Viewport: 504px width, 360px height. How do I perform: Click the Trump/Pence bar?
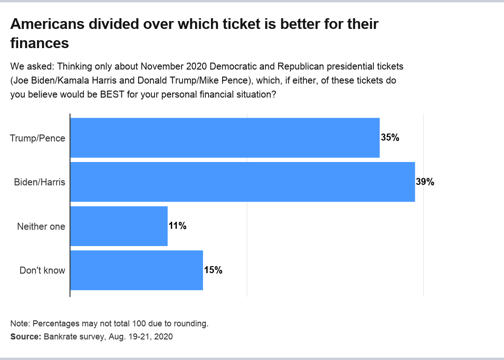(x=224, y=138)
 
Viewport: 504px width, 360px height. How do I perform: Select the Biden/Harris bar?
(x=242, y=182)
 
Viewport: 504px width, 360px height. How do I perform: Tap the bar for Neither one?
(x=119, y=226)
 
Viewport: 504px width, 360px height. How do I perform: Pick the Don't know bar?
(x=136, y=270)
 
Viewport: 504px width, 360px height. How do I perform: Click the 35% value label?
(x=390, y=138)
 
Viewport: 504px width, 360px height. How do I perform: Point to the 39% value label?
(x=425, y=182)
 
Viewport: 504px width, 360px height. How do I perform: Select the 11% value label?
(x=178, y=226)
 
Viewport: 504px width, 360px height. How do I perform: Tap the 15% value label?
(x=213, y=270)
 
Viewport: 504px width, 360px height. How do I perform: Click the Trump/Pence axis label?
(x=37, y=138)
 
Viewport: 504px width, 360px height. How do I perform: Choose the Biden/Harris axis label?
(x=40, y=182)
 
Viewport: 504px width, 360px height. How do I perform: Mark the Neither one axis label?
(x=41, y=226)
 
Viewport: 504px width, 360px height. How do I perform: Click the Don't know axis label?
(x=42, y=270)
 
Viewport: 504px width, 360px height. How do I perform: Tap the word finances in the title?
(x=40, y=43)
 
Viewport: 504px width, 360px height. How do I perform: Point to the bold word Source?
(x=25, y=336)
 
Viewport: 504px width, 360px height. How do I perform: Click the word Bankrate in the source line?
(x=60, y=336)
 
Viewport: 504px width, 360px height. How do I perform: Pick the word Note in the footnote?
(x=19, y=324)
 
